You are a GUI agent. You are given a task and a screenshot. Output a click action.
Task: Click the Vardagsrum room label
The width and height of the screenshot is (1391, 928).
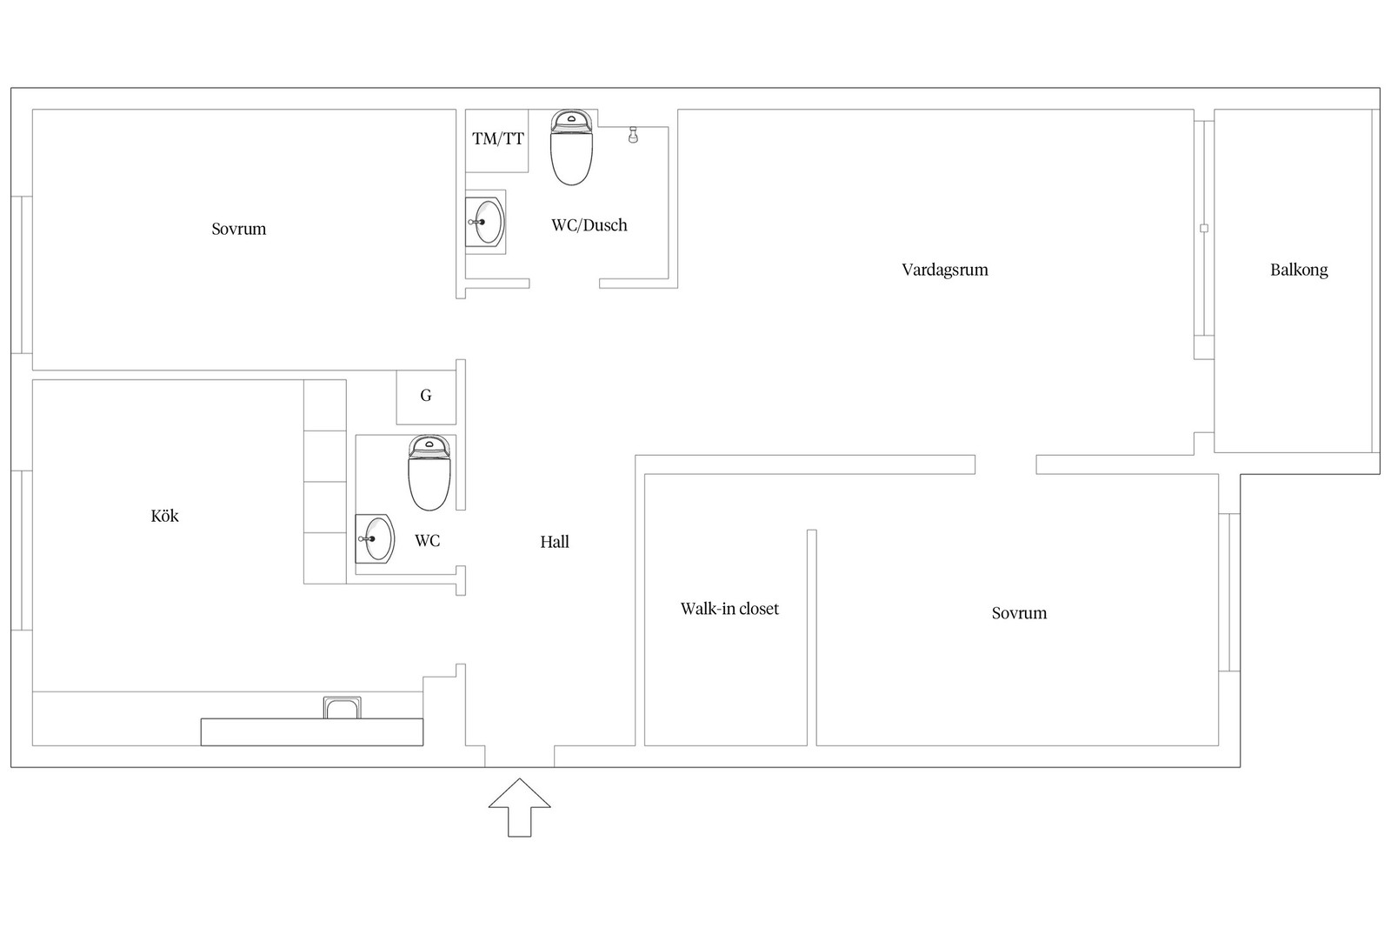pos(944,270)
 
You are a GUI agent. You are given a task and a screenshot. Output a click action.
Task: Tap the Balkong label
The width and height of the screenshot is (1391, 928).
pos(1299,270)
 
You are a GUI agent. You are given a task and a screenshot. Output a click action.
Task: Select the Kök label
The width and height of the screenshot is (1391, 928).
pos(164,516)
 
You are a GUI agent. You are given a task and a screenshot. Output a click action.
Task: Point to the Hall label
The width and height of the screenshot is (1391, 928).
pos(555,542)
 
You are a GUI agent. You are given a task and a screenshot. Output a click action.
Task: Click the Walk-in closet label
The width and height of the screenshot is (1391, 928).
pos(729,609)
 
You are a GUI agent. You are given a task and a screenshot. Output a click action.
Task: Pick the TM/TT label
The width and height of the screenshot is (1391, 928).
pos(498,138)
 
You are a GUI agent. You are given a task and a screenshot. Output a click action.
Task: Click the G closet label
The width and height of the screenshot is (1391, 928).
pos(426,395)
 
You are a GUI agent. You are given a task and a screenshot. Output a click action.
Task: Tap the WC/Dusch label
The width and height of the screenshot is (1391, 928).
pos(589,225)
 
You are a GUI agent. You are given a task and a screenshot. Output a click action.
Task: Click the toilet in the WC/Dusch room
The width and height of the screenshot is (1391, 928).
pos(571,148)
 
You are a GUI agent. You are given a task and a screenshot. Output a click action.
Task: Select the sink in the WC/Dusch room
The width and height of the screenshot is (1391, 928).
pos(486,222)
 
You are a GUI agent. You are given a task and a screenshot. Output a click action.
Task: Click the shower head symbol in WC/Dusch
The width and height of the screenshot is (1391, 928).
pos(633,135)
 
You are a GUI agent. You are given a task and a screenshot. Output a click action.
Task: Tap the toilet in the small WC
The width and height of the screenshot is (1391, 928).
pos(429,473)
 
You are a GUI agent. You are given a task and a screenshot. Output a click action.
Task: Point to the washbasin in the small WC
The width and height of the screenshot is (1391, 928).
pos(375,538)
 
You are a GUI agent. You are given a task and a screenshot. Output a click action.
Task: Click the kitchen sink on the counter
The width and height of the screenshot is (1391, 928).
pos(342,707)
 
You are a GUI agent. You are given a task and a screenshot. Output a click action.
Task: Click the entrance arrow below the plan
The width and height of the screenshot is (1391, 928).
pos(520,807)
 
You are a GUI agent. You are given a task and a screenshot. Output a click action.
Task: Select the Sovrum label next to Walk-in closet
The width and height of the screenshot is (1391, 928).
pos(1019,614)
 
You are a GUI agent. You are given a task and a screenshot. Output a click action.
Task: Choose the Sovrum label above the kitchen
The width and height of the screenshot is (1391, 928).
pos(238,230)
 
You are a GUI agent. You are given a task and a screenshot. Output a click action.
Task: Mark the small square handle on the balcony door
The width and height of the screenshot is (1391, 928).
pos(1204,229)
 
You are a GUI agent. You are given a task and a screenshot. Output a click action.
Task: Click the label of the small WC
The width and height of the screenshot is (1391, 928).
pos(427,541)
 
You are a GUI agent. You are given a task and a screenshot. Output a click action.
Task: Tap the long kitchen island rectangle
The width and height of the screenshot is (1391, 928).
pos(312,732)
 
